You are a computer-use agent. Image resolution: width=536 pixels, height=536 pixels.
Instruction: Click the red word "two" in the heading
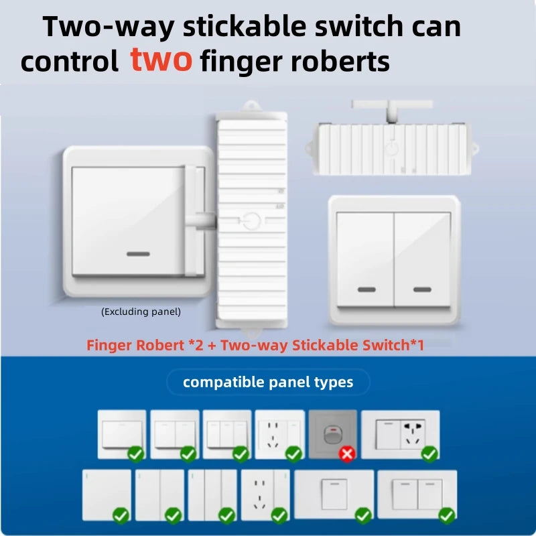click(161, 60)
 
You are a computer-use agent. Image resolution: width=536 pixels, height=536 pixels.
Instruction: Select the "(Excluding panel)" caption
click(141, 312)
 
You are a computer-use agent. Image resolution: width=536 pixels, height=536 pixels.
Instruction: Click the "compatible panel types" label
click(268, 382)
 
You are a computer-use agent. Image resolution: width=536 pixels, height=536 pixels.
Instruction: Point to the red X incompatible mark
click(347, 454)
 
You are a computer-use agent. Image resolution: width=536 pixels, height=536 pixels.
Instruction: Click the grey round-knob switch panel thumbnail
click(332, 434)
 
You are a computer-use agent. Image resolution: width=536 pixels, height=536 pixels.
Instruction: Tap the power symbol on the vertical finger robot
click(252, 221)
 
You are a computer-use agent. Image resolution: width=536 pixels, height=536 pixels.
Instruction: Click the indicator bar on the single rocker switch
click(138, 254)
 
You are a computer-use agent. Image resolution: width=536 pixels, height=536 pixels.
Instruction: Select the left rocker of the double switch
click(365, 259)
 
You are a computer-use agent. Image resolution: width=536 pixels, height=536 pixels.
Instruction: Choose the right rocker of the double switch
click(422, 259)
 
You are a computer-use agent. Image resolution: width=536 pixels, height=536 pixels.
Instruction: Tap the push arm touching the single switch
click(200, 221)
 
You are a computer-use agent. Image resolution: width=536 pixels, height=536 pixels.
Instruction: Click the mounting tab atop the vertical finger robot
click(252, 106)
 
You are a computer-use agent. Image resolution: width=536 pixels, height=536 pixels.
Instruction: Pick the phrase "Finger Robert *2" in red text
click(145, 345)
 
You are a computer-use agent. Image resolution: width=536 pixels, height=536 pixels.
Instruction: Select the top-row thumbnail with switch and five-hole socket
click(400, 434)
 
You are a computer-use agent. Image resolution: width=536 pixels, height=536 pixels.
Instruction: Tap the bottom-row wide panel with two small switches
click(417, 494)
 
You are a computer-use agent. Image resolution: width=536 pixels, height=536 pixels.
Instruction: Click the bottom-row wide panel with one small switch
click(334, 494)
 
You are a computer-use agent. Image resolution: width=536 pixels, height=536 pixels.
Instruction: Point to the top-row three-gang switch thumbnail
click(227, 434)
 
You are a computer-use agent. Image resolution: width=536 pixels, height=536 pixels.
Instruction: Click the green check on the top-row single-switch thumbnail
click(136, 454)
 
